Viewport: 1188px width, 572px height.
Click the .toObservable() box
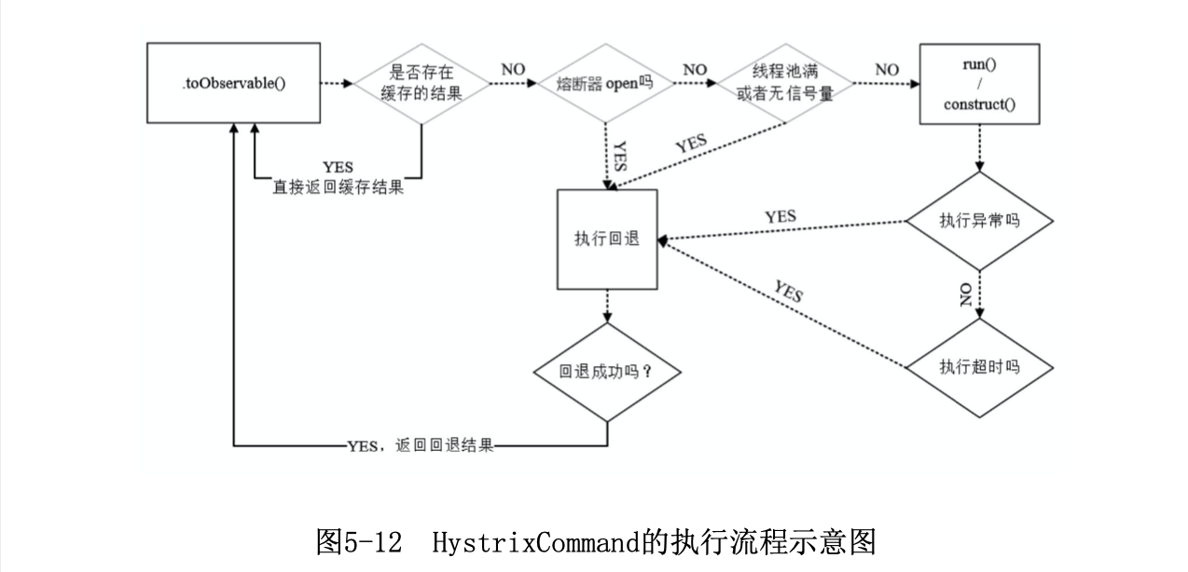click(233, 82)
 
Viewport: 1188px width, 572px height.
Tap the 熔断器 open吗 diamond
click(606, 82)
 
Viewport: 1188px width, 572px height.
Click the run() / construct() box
click(978, 82)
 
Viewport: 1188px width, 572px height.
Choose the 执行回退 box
click(606, 238)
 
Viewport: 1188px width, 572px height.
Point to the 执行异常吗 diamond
click(979, 224)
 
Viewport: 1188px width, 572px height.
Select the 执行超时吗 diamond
click(979, 366)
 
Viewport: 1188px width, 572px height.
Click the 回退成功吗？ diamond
click(606, 371)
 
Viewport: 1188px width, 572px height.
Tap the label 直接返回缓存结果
click(338, 186)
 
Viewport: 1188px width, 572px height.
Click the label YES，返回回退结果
click(420, 446)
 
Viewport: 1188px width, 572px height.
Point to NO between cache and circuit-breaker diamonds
click(513, 70)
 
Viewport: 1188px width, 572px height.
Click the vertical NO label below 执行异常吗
click(966, 295)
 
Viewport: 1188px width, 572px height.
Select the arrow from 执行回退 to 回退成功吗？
click(606, 306)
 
